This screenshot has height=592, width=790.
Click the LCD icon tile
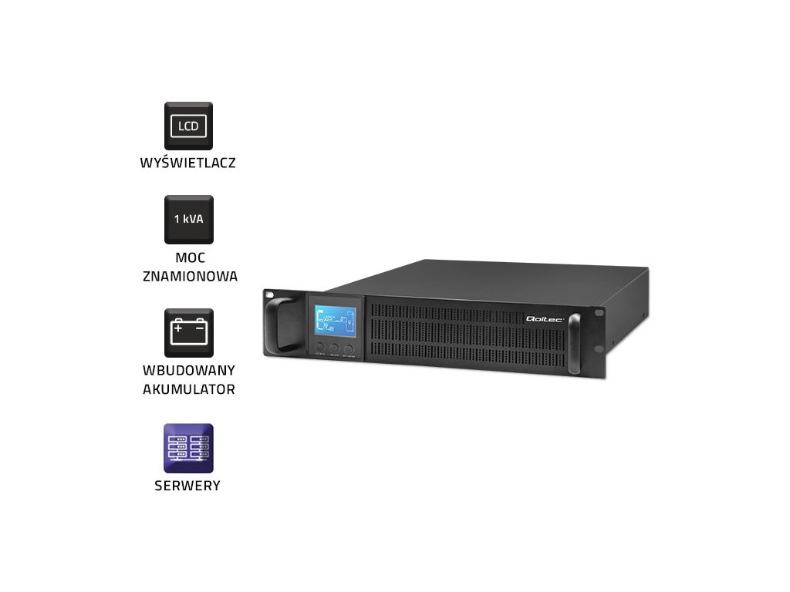[x=188, y=126]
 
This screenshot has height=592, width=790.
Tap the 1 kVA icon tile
[x=188, y=219]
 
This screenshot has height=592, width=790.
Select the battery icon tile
[x=188, y=332]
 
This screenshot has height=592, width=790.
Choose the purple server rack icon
[x=188, y=448]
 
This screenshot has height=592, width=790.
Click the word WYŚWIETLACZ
[x=188, y=163]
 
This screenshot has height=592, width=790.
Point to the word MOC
[x=190, y=257]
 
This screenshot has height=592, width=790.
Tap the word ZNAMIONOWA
[x=190, y=276]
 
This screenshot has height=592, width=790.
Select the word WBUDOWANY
[x=189, y=371]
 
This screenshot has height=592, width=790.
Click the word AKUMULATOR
[x=189, y=389]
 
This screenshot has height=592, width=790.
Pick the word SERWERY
[x=189, y=486]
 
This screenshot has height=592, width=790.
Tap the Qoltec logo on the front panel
[x=545, y=318]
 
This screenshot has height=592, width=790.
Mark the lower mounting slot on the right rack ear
[x=599, y=371]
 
